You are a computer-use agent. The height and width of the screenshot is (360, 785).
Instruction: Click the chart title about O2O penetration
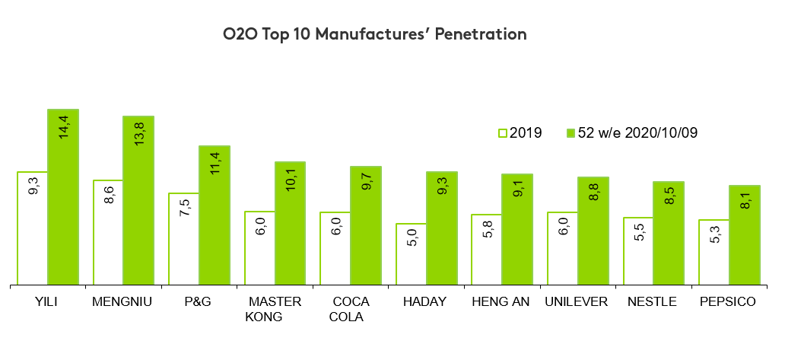click(374, 34)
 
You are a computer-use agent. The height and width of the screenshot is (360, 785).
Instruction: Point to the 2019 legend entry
click(520, 132)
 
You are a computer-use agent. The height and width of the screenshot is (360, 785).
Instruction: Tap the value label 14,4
click(64, 126)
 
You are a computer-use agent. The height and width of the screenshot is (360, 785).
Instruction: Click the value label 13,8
click(139, 133)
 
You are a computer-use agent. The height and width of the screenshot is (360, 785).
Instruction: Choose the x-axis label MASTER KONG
click(274, 309)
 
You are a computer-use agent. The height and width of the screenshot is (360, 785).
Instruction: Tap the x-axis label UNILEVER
click(577, 301)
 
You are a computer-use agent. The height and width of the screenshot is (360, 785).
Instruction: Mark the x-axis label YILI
click(46, 301)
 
